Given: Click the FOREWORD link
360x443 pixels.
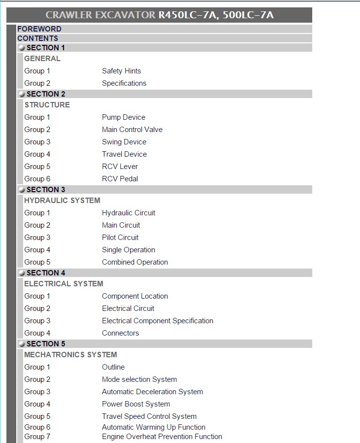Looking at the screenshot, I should [39, 29].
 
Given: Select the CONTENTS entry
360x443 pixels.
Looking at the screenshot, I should [37, 38].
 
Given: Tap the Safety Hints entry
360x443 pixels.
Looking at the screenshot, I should [121, 71].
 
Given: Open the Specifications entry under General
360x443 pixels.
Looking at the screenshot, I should [124, 83].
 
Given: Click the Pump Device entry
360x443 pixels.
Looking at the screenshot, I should [124, 117].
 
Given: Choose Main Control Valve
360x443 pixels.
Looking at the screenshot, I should [132, 130].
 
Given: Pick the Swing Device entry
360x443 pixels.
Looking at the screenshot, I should [124, 142].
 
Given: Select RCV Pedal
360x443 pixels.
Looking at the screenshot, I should [120, 179].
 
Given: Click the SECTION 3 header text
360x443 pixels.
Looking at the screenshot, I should [46, 190].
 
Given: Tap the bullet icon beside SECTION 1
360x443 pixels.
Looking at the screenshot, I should [22, 48].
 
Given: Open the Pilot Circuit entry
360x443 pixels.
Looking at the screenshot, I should [120, 238].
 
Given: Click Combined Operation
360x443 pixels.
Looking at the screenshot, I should [135, 262].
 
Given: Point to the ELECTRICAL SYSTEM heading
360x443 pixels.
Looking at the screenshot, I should [64, 284].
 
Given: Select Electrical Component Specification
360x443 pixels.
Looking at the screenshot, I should [158, 321].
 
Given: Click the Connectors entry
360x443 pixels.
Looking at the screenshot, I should [121, 333].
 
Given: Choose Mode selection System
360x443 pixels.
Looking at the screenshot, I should [139, 379].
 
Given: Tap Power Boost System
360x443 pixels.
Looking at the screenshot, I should [136, 404].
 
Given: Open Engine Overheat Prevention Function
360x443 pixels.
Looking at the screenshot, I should [162, 437].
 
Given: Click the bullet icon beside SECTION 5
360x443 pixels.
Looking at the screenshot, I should [22, 344].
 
